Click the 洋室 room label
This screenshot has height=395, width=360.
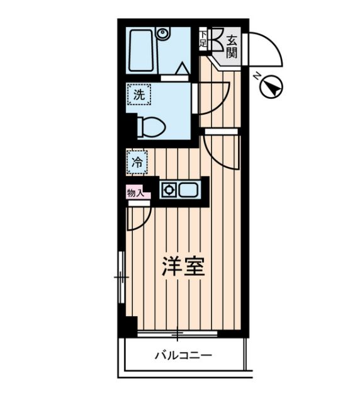(x=184, y=267)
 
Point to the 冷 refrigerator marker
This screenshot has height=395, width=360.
(x=137, y=162)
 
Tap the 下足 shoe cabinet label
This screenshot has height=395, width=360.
(x=203, y=40)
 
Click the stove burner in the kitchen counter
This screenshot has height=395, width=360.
(x=168, y=188)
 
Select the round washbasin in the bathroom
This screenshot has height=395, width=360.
(x=163, y=33)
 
